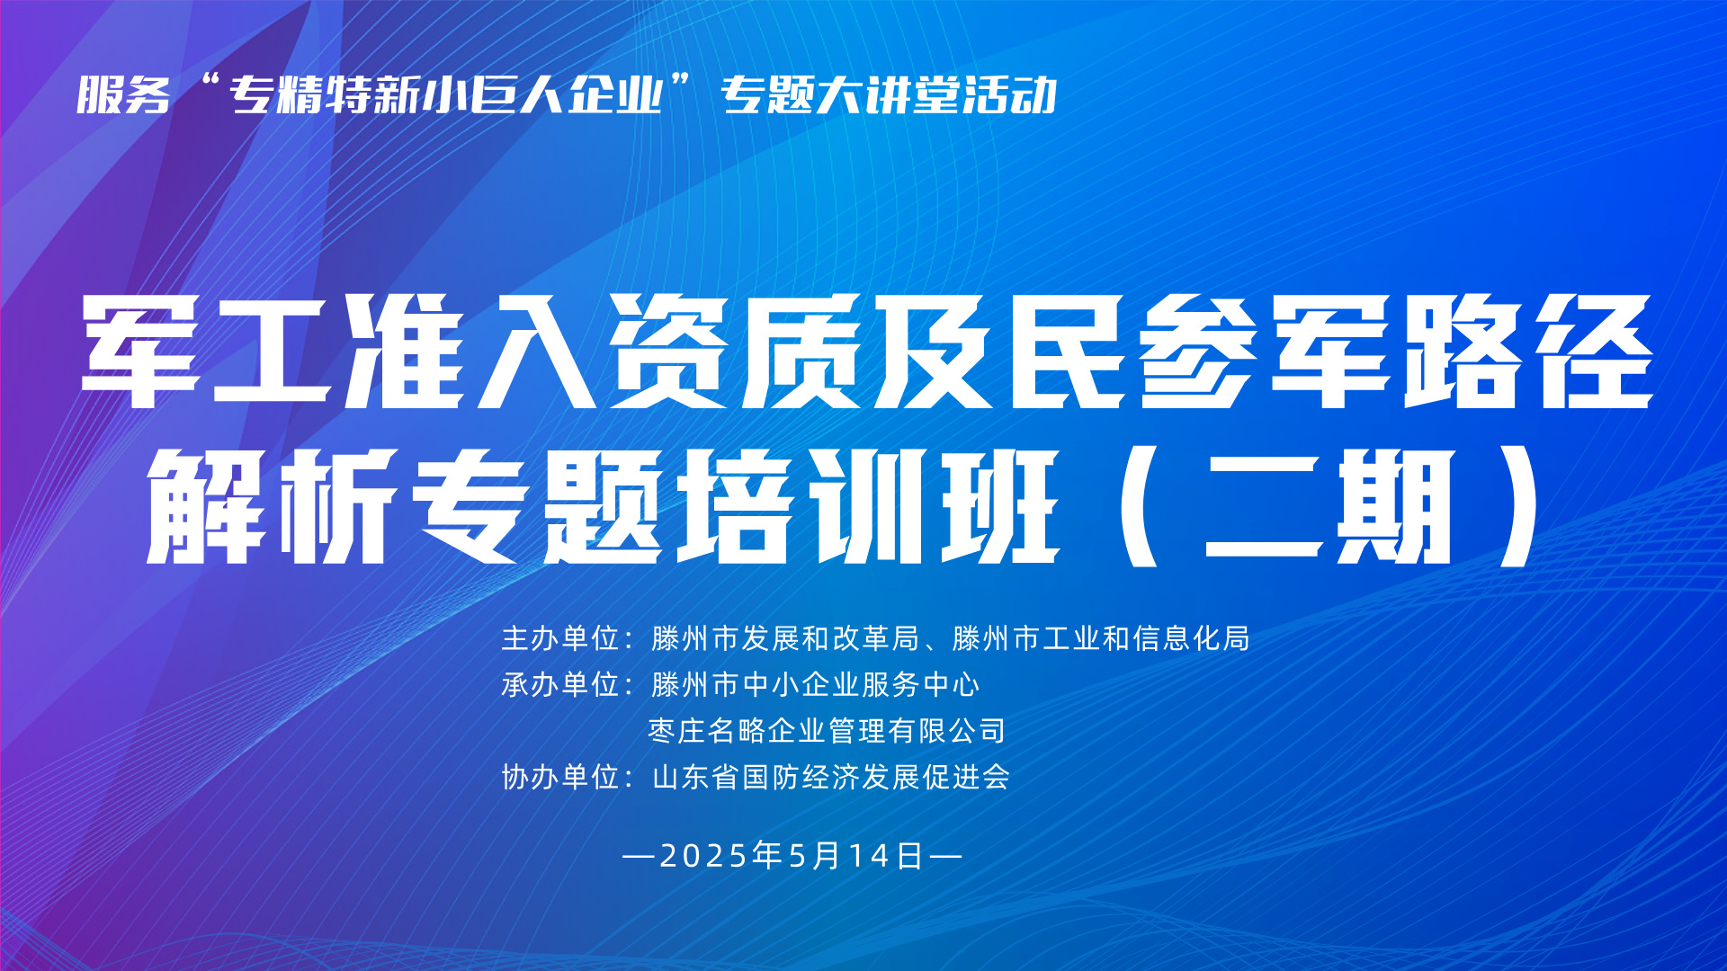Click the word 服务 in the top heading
point(123,95)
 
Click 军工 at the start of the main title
point(206,352)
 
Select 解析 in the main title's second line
point(270,506)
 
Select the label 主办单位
point(560,638)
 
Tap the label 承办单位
point(560,685)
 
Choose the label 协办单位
point(560,777)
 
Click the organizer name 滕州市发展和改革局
point(785,638)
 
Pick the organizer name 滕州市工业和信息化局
point(1101,638)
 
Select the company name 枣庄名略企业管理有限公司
point(827,731)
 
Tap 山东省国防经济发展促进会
point(830,777)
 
